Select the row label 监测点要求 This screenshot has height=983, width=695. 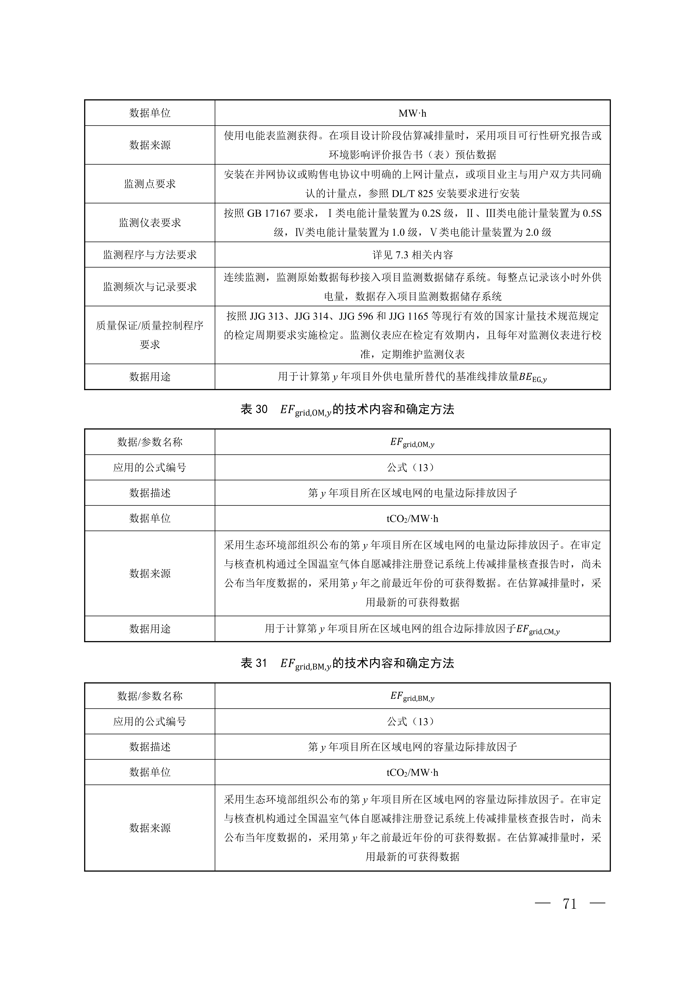[150, 184]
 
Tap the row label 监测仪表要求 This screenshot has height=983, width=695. [150, 223]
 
